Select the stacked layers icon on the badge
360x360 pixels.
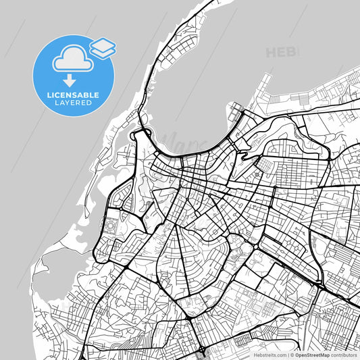click(x=103, y=47)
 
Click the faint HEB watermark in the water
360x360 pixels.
click(x=282, y=52)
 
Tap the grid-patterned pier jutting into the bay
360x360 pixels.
click(x=236, y=109)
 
